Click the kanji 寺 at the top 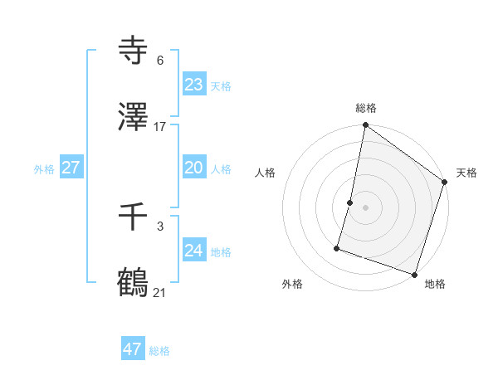pyautogui.click(x=134, y=51)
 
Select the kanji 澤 pyautogui.click(x=134, y=117)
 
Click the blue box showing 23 pyautogui.click(x=193, y=85)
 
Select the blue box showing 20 pyautogui.click(x=193, y=168)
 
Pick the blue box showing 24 pyautogui.click(x=193, y=251)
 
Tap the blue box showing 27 pyautogui.click(x=71, y=168)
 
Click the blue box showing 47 pyautogui.click(x=132, y=349)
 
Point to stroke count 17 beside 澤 pyautogui.click(x=160, y=127)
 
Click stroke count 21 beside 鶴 pyautogui.click(x=160, y=293)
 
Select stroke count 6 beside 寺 pyautogui.click(x=160, y=61)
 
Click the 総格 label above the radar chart pyautogui.click(x=366, y=108)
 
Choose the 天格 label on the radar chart pyautogui.click(x=466, y=173)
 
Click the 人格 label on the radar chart pyautogui.click(x=266, y=173)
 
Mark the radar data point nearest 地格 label pyautogui.click(x=414, y=274)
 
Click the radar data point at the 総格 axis pyautogui.click(x=365, y=126)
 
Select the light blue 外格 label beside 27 pyautogui.click(x=44, y=169)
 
